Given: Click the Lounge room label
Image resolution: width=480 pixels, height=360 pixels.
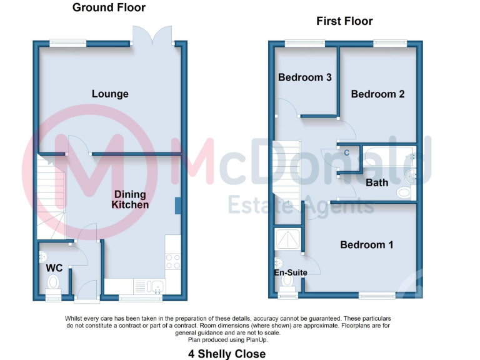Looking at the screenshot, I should coord(110,94).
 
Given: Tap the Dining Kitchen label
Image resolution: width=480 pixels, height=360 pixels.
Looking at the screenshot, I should coord(130,199).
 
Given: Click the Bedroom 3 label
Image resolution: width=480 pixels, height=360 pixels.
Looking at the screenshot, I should coord(304,77).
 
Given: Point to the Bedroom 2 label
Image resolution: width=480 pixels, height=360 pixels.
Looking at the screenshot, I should coord(377,94).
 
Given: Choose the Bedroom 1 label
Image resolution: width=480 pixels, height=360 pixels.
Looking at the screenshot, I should coord(366,244).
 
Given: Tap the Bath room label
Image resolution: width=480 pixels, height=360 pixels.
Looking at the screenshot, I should coord(377,182).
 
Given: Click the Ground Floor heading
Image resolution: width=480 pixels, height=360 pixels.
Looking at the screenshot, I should coord(109,7).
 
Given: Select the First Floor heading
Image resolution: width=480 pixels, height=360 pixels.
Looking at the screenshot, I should coord(344,21).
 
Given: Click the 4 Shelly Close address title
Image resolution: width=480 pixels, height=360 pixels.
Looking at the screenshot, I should coord(227,354).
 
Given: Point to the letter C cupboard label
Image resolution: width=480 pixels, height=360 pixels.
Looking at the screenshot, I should coord(347,152).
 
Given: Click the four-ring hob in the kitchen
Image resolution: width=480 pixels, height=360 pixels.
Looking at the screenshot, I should coord(172,261).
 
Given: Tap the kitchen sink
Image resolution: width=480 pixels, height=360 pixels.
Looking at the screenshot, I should coord(155,287).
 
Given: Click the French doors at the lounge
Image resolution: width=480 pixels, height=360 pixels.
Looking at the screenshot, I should coord(152,35).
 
